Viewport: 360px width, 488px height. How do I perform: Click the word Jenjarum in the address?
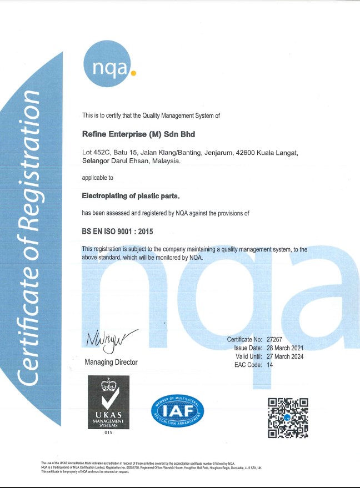tap(214, 152)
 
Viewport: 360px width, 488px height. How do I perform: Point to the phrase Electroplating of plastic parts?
tap(131, 196)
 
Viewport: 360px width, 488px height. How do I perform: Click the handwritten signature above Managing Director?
tap(111, 338)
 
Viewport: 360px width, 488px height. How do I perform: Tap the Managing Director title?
tap(111, 362)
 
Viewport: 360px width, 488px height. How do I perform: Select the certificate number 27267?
tap(276, 339)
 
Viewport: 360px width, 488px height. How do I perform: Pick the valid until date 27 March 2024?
tap(285, 356)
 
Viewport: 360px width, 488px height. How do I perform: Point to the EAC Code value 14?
tap(270, 365)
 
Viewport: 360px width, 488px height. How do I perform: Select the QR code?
tap(288, 418)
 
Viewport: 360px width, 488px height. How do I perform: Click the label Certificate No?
tap(244, 339)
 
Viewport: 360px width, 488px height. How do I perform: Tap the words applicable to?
tap(98, 178)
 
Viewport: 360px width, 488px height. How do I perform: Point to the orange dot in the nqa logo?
tap(132, 72)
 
